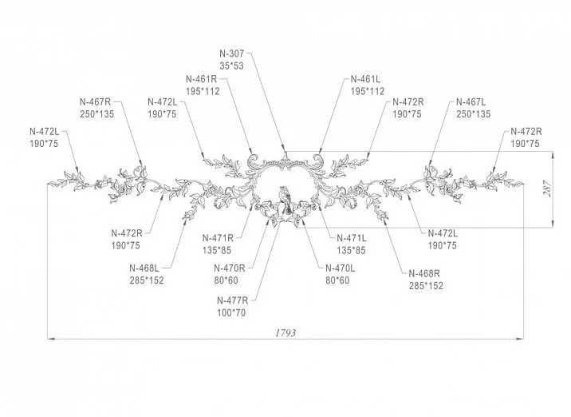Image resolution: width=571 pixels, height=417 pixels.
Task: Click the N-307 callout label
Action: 231,54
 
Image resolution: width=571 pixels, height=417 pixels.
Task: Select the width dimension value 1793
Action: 285,333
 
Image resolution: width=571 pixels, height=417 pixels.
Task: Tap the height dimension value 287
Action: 547,189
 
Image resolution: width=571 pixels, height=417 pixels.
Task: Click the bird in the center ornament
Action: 285,199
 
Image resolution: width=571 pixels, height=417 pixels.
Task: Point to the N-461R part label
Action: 202,79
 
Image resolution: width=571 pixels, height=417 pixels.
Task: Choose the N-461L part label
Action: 365,79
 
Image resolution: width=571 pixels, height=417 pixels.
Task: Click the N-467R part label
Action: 95,101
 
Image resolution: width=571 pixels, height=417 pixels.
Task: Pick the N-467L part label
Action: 471,101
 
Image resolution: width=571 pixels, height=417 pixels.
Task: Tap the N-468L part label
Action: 144,268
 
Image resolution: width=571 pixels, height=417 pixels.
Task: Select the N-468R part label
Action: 424,273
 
